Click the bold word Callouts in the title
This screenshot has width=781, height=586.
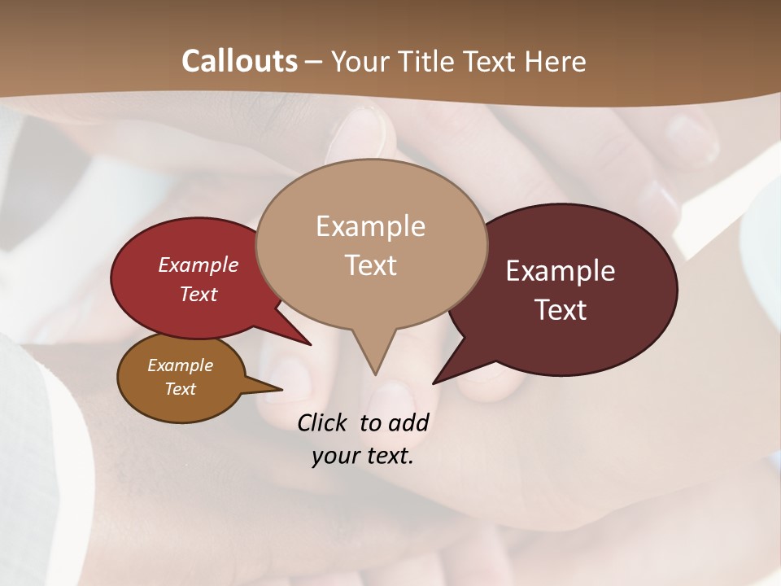[x=240, y=61]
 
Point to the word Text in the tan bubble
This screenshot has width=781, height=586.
[x=370, y=265]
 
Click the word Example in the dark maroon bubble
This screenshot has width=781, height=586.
[x=561, y=270]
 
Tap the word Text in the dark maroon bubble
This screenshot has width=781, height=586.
[x=561, y=309]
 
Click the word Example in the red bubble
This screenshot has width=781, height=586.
[x=199, y=265]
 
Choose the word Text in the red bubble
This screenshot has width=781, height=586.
[x=199, y=294]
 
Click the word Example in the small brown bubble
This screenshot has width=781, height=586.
[x=180, y=365]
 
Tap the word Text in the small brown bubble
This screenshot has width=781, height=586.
[x=180, y=389]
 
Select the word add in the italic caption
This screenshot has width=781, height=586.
[x=408, y=422]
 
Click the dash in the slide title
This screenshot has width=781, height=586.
[x=314, y=62]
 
